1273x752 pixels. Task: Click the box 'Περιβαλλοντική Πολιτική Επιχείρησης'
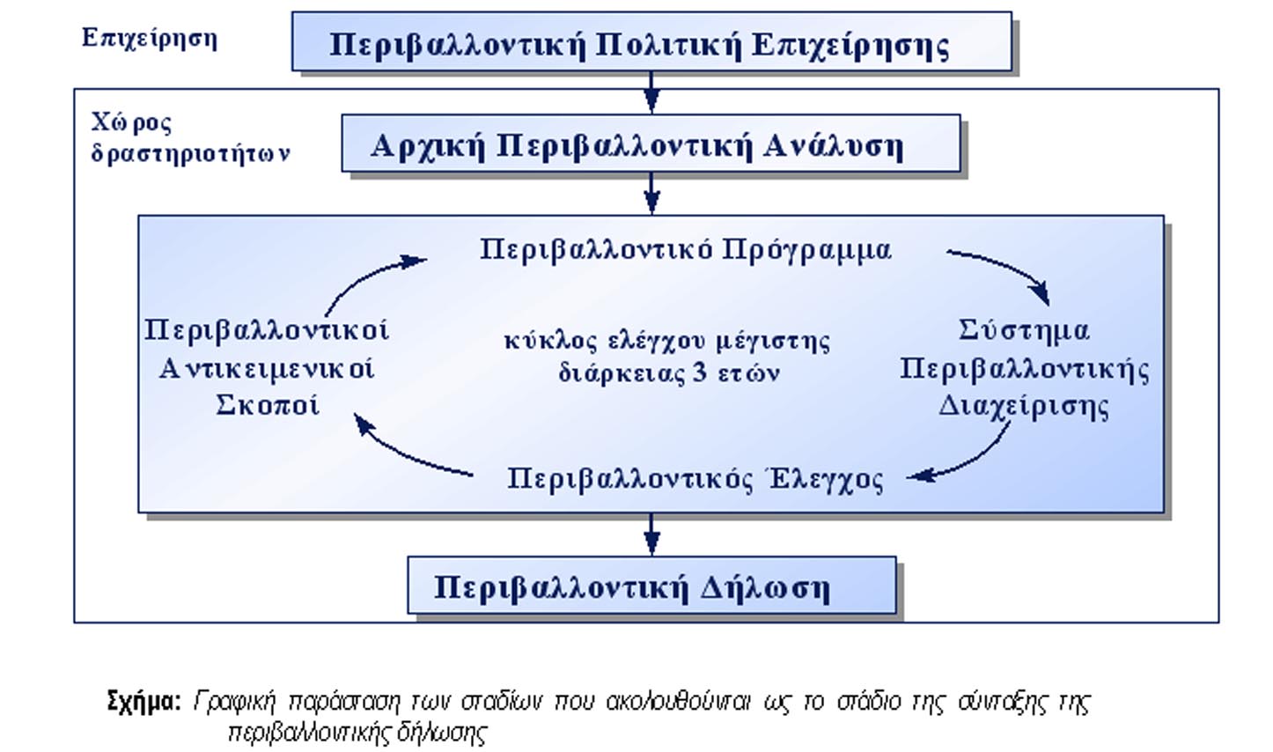[651, 41]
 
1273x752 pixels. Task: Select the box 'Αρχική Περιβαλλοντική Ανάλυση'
[651, 143]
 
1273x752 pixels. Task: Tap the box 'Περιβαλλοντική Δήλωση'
[651, 586]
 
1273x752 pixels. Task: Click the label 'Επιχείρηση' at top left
[149, 38]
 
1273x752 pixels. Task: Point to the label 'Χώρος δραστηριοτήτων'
[189, 137]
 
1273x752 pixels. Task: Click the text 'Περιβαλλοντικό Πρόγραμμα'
[685, 250]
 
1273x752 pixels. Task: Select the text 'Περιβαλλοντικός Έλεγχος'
[695, 479]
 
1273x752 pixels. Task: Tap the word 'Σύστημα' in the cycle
[1023, 331]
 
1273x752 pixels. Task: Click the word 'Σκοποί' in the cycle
[267, 405]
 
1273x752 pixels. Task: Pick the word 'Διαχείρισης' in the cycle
[1023, 406]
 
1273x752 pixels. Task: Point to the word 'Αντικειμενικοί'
[267, 368]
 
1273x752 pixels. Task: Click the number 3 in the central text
[700, 372]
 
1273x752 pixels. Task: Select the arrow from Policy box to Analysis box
[651, 91]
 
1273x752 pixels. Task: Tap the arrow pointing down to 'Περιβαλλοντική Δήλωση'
[651, 534]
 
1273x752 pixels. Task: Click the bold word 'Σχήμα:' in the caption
[143, 701]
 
